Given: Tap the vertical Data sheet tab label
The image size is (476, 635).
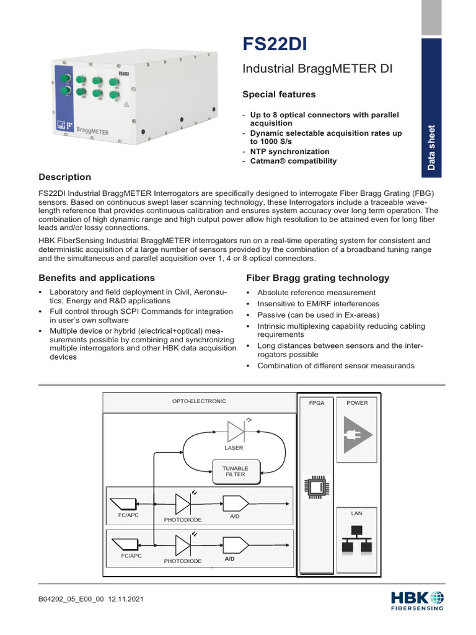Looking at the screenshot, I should (431, 148).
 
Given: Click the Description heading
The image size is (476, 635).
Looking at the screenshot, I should (64, 177).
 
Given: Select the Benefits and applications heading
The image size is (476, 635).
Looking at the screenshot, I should (97, 278).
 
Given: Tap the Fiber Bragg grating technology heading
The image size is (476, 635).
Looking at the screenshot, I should (318, 278).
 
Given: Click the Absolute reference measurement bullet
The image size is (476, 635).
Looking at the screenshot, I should (316, 292).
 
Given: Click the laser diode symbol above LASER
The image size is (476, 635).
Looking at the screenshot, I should (236, 430).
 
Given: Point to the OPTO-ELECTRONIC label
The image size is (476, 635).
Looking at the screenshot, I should (199, 401).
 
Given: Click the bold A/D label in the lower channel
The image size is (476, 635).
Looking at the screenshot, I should (229, 559).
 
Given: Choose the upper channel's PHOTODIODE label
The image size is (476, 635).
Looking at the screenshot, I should (182, 519).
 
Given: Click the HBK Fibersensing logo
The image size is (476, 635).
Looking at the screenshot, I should (417, 600).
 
